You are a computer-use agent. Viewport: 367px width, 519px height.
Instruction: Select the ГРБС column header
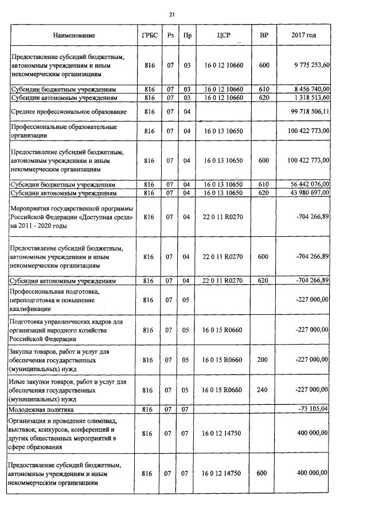click(x=147, y=36)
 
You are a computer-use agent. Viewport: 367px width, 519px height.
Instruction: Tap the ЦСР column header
click(x=224, y=36)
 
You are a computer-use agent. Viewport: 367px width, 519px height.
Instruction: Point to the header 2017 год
click(x=304, y=36)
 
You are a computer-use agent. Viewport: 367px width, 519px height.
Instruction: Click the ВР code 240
click(x=264, y=390)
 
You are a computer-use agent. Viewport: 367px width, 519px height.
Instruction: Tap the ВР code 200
click(x=264, y=360)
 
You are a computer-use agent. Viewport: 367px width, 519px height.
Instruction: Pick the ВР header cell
click(x=264, y=36)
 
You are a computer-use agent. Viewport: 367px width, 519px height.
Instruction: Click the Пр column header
click(x=186, y=36)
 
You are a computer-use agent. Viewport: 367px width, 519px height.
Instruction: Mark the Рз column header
click(x=170, y=36)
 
